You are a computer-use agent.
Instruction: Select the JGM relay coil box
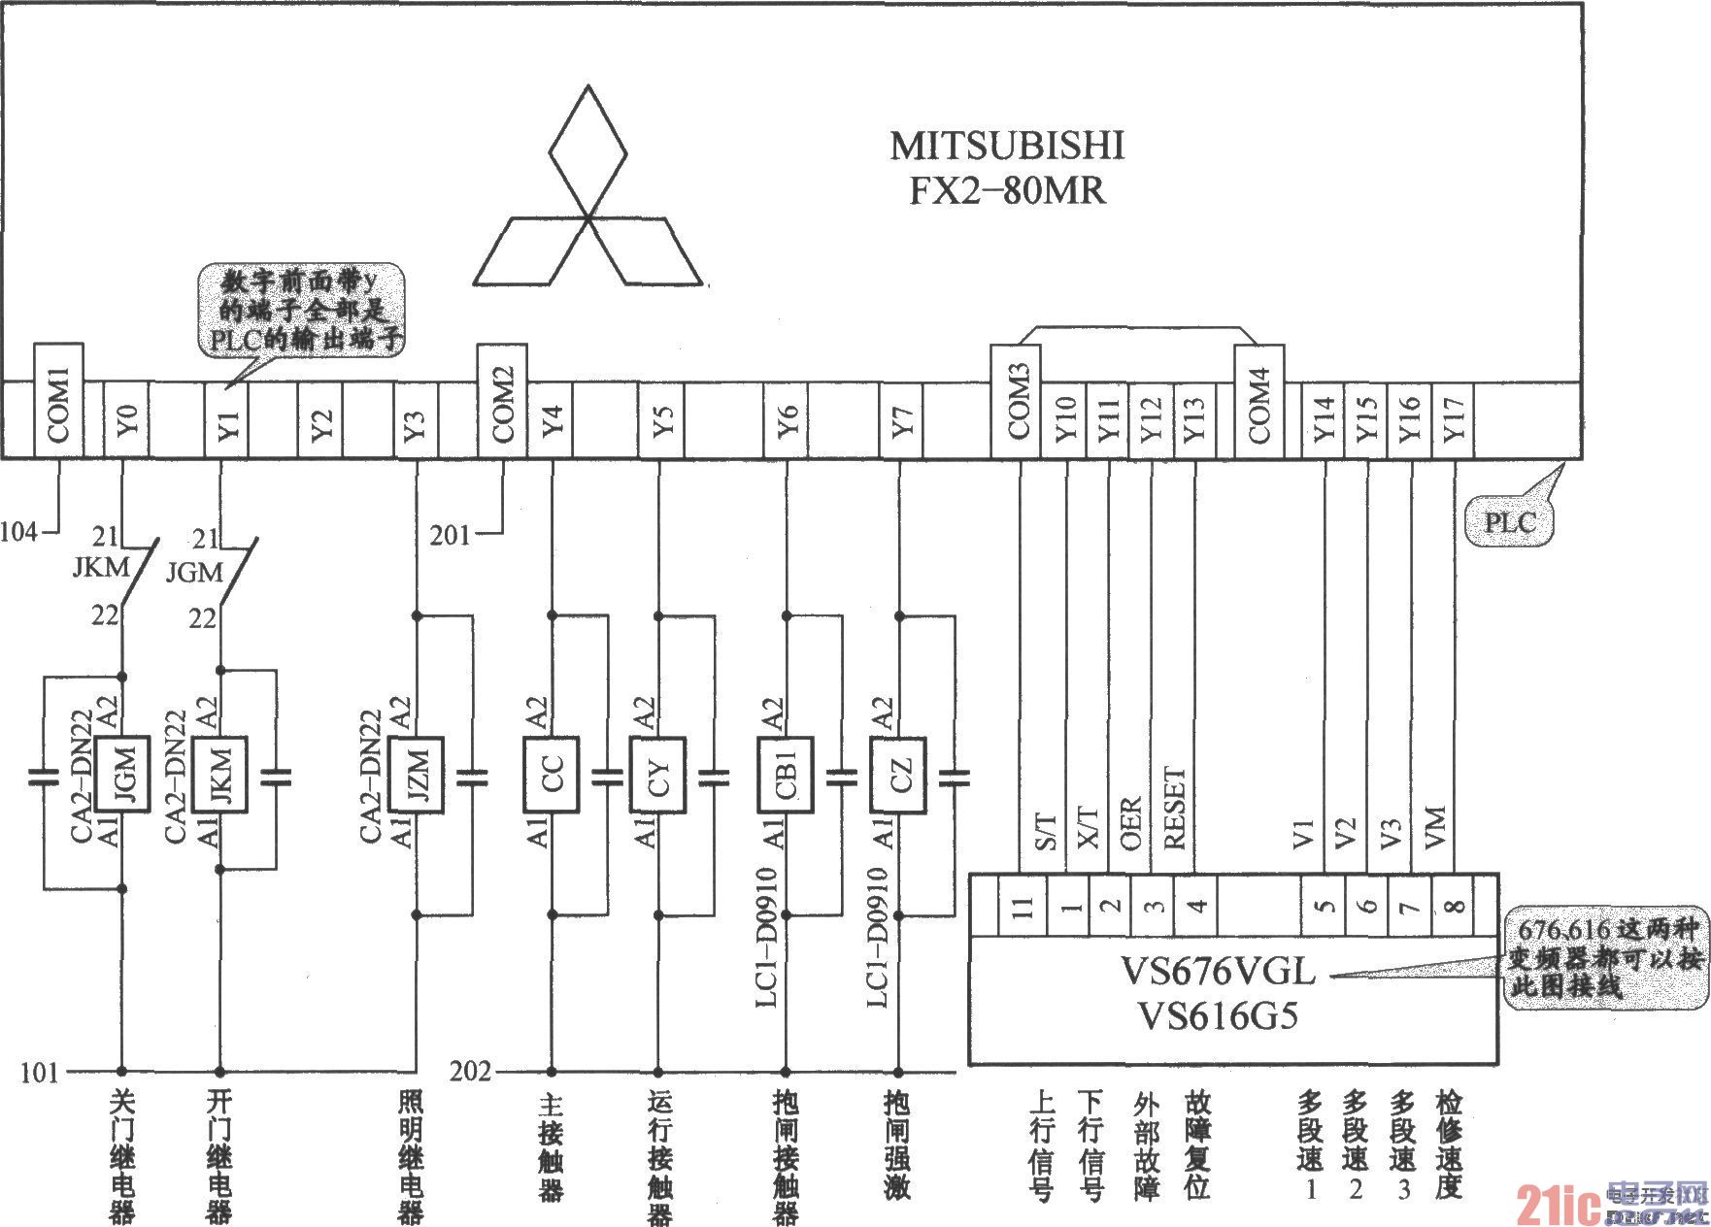click(x=123, y=776)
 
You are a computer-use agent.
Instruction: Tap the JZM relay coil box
click(x=418, y=776)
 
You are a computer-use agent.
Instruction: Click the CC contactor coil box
click(x=552, y=776)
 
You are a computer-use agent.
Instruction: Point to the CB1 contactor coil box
click(x=786, y=776)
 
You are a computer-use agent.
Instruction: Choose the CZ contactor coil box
click(x=898, y=776)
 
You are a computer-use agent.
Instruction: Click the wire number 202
click(x=471, y=1072)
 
